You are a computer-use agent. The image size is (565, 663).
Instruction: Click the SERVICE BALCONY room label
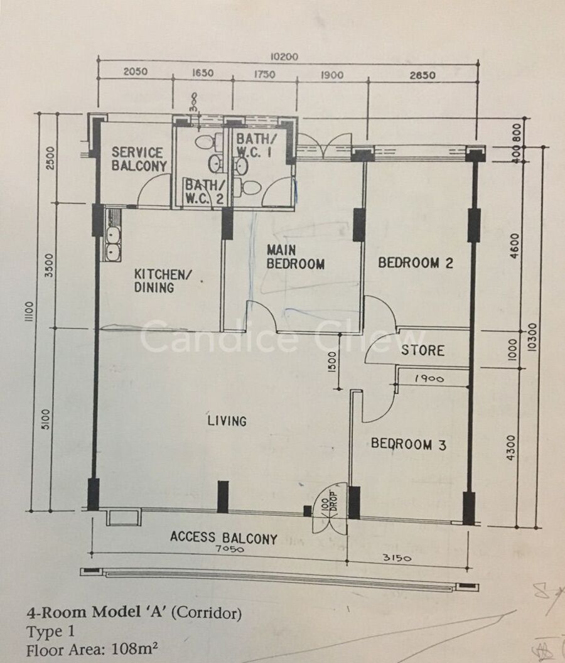point(139,159)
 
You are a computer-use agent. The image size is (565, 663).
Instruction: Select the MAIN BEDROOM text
point(295,257)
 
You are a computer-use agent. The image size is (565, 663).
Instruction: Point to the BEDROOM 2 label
point(416,263)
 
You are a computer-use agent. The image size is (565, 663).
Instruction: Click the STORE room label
point(422,350)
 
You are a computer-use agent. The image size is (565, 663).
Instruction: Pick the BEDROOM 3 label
point(409,444)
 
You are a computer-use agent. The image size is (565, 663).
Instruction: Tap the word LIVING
point(227,421)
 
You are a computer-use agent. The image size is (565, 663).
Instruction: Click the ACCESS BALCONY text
point(223,538)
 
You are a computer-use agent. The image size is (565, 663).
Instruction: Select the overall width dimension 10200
point(284,57)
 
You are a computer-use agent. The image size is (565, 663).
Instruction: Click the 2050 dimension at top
point(136,72)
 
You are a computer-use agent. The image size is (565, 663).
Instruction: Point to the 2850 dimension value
point(422,75)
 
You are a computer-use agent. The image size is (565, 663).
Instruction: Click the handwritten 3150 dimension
point(397,558)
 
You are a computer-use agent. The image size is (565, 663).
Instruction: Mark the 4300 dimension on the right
point(511,448)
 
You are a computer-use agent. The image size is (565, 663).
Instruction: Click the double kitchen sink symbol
point(113,244)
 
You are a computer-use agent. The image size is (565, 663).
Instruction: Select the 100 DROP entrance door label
point(328,504)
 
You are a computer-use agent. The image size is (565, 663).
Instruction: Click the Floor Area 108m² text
point(92,650)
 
